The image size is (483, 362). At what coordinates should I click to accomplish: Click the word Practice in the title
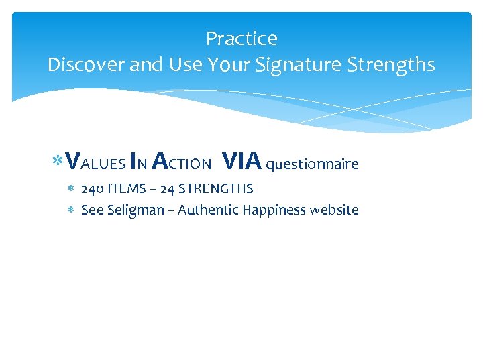pos(241,39)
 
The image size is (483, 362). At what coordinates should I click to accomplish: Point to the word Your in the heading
pos(228,65)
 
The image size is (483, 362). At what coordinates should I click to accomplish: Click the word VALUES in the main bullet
pos(97,163)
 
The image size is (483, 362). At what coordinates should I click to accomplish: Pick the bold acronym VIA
pos(242,162)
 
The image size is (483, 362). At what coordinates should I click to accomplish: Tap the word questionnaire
pos(313,164)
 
